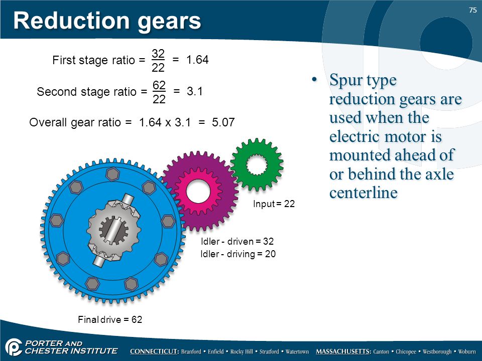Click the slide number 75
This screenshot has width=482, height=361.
click(473, 10)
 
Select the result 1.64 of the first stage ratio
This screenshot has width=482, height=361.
click(197, 60)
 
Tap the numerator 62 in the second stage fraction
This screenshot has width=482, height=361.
click(159, 85)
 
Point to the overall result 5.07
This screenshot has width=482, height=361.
click(223, 122)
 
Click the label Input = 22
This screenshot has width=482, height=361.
click(274, 204)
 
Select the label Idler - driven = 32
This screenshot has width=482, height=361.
click(237, 241)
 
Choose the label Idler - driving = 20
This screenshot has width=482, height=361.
click(238, 254)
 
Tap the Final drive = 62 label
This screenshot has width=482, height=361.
click(110, 319)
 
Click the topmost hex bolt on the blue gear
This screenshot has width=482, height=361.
click(112, 174)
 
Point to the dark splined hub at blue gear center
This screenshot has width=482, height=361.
click(113, 229)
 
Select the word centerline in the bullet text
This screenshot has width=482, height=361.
click(364, 193)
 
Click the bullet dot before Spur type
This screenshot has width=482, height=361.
click(314, 80)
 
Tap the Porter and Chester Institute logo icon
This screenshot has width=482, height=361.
click(13, 347)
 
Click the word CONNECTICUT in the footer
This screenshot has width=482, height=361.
click(154, 351)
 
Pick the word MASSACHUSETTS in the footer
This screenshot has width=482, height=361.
click(343, 351)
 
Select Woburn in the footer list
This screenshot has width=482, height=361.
click(466, 351)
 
